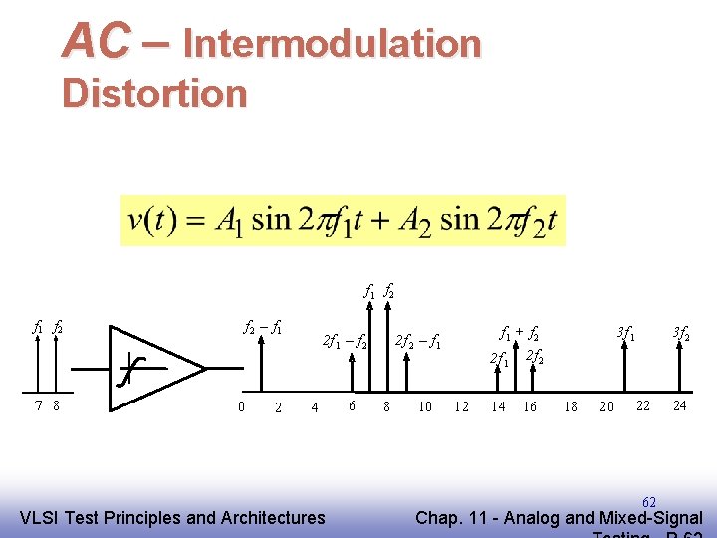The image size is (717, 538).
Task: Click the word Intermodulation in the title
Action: (x=332, y=43)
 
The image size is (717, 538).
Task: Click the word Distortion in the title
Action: (x=153, y=93)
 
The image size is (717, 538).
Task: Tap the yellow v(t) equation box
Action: (x=342, y=219)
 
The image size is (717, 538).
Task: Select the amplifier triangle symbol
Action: (x=155, y=368)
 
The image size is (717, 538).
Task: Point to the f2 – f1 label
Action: (x=263, y=326)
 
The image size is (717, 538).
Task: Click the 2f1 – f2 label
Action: (x=346, y=343)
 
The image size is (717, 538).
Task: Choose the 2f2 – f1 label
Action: (x=418, y=343)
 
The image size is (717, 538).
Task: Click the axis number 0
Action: (x=241, y=405)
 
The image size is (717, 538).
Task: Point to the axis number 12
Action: (x=461, y=406)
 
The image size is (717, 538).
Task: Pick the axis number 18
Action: (x=571, y=406)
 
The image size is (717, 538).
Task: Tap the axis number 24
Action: (x=680, y=405)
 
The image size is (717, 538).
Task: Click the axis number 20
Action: (x=606, y=406)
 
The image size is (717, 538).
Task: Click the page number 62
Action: (x=648, y=501)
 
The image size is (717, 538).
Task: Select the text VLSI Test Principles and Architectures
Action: (x=172, y=517)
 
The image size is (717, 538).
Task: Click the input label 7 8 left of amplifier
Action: (x=47, y=405)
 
